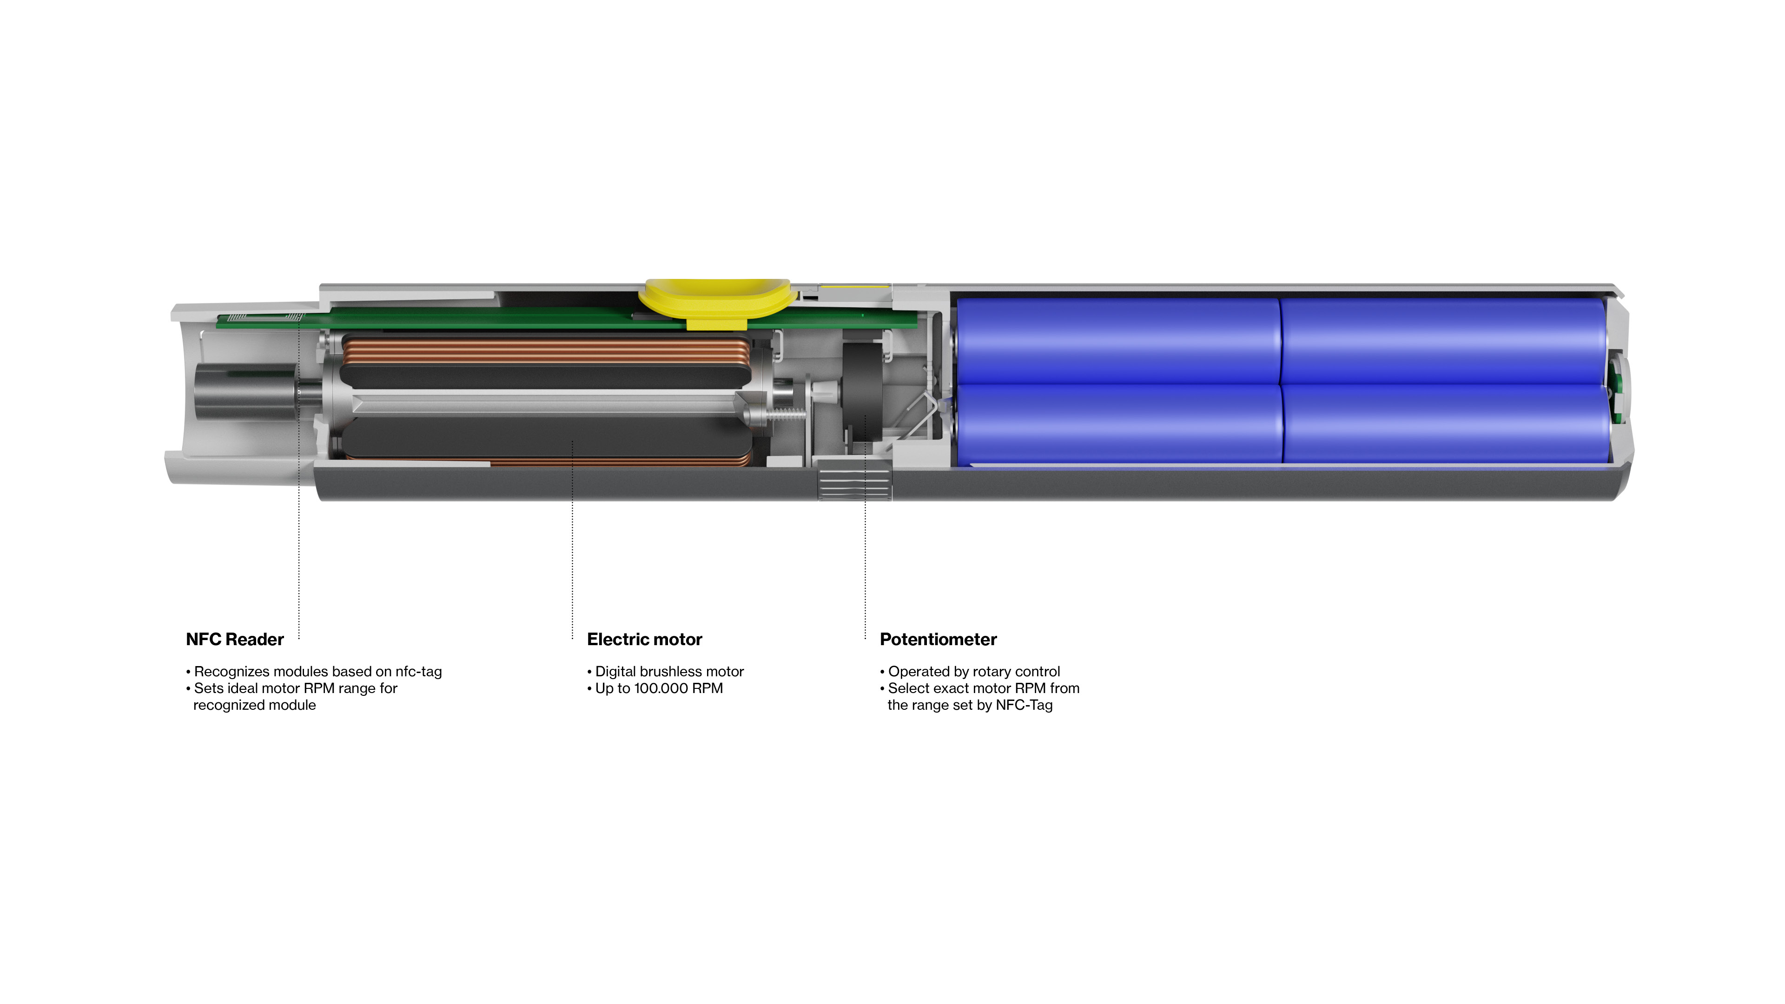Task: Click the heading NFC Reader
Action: coord(235,640)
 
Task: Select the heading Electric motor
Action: coord(644,640)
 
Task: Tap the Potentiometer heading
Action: coord(938,640)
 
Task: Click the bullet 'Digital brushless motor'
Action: coord(665,671)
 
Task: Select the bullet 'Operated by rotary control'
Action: coord(970,671)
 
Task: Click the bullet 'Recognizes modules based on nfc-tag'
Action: coord(314,671)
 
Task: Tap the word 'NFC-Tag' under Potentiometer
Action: coord(1024,706)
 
